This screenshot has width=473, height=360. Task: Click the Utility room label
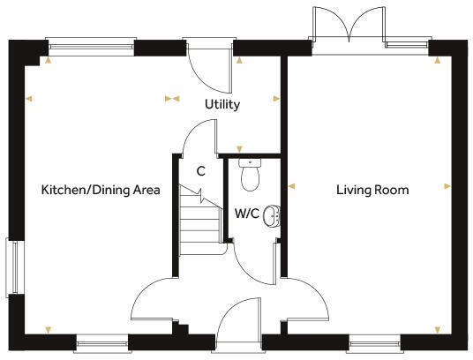(x=222, y=104)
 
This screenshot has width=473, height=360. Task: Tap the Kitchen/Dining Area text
(x=101, y=190)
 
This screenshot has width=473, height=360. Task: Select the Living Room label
(x=372, y=190)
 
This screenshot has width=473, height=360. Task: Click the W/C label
(x=246, y=213)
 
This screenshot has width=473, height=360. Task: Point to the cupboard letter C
(x=201, y=171)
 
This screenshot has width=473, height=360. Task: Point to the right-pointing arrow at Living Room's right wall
(x=447, y=186)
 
